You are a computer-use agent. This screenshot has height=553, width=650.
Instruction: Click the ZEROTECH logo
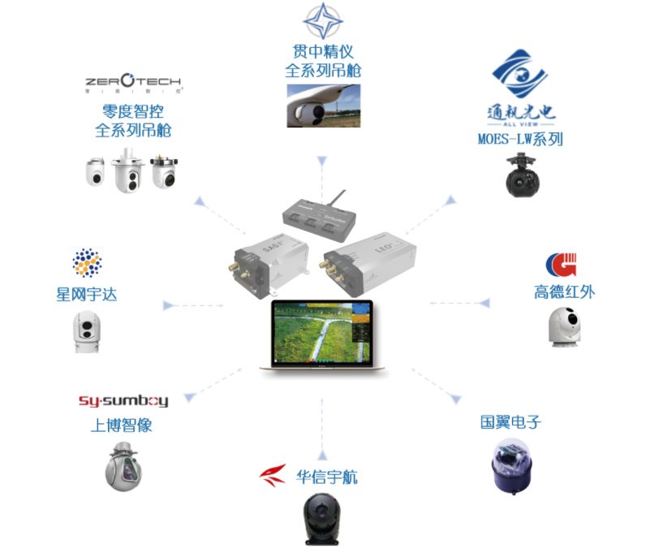[134, 83]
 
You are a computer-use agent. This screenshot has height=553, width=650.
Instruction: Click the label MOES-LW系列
[519, 139]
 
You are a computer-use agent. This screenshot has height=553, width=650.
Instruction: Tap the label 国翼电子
[510, 422]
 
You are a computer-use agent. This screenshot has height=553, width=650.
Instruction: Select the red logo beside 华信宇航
[273, 475]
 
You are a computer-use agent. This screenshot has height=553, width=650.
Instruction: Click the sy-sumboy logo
[123, 400]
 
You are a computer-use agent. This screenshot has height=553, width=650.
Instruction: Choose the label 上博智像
[122, 425]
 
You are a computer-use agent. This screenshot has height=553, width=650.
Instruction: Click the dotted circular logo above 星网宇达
[87, 264]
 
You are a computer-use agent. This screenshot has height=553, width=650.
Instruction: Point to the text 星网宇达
[87, 293]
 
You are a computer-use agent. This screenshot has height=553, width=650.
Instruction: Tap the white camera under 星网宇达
[87, 332]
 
